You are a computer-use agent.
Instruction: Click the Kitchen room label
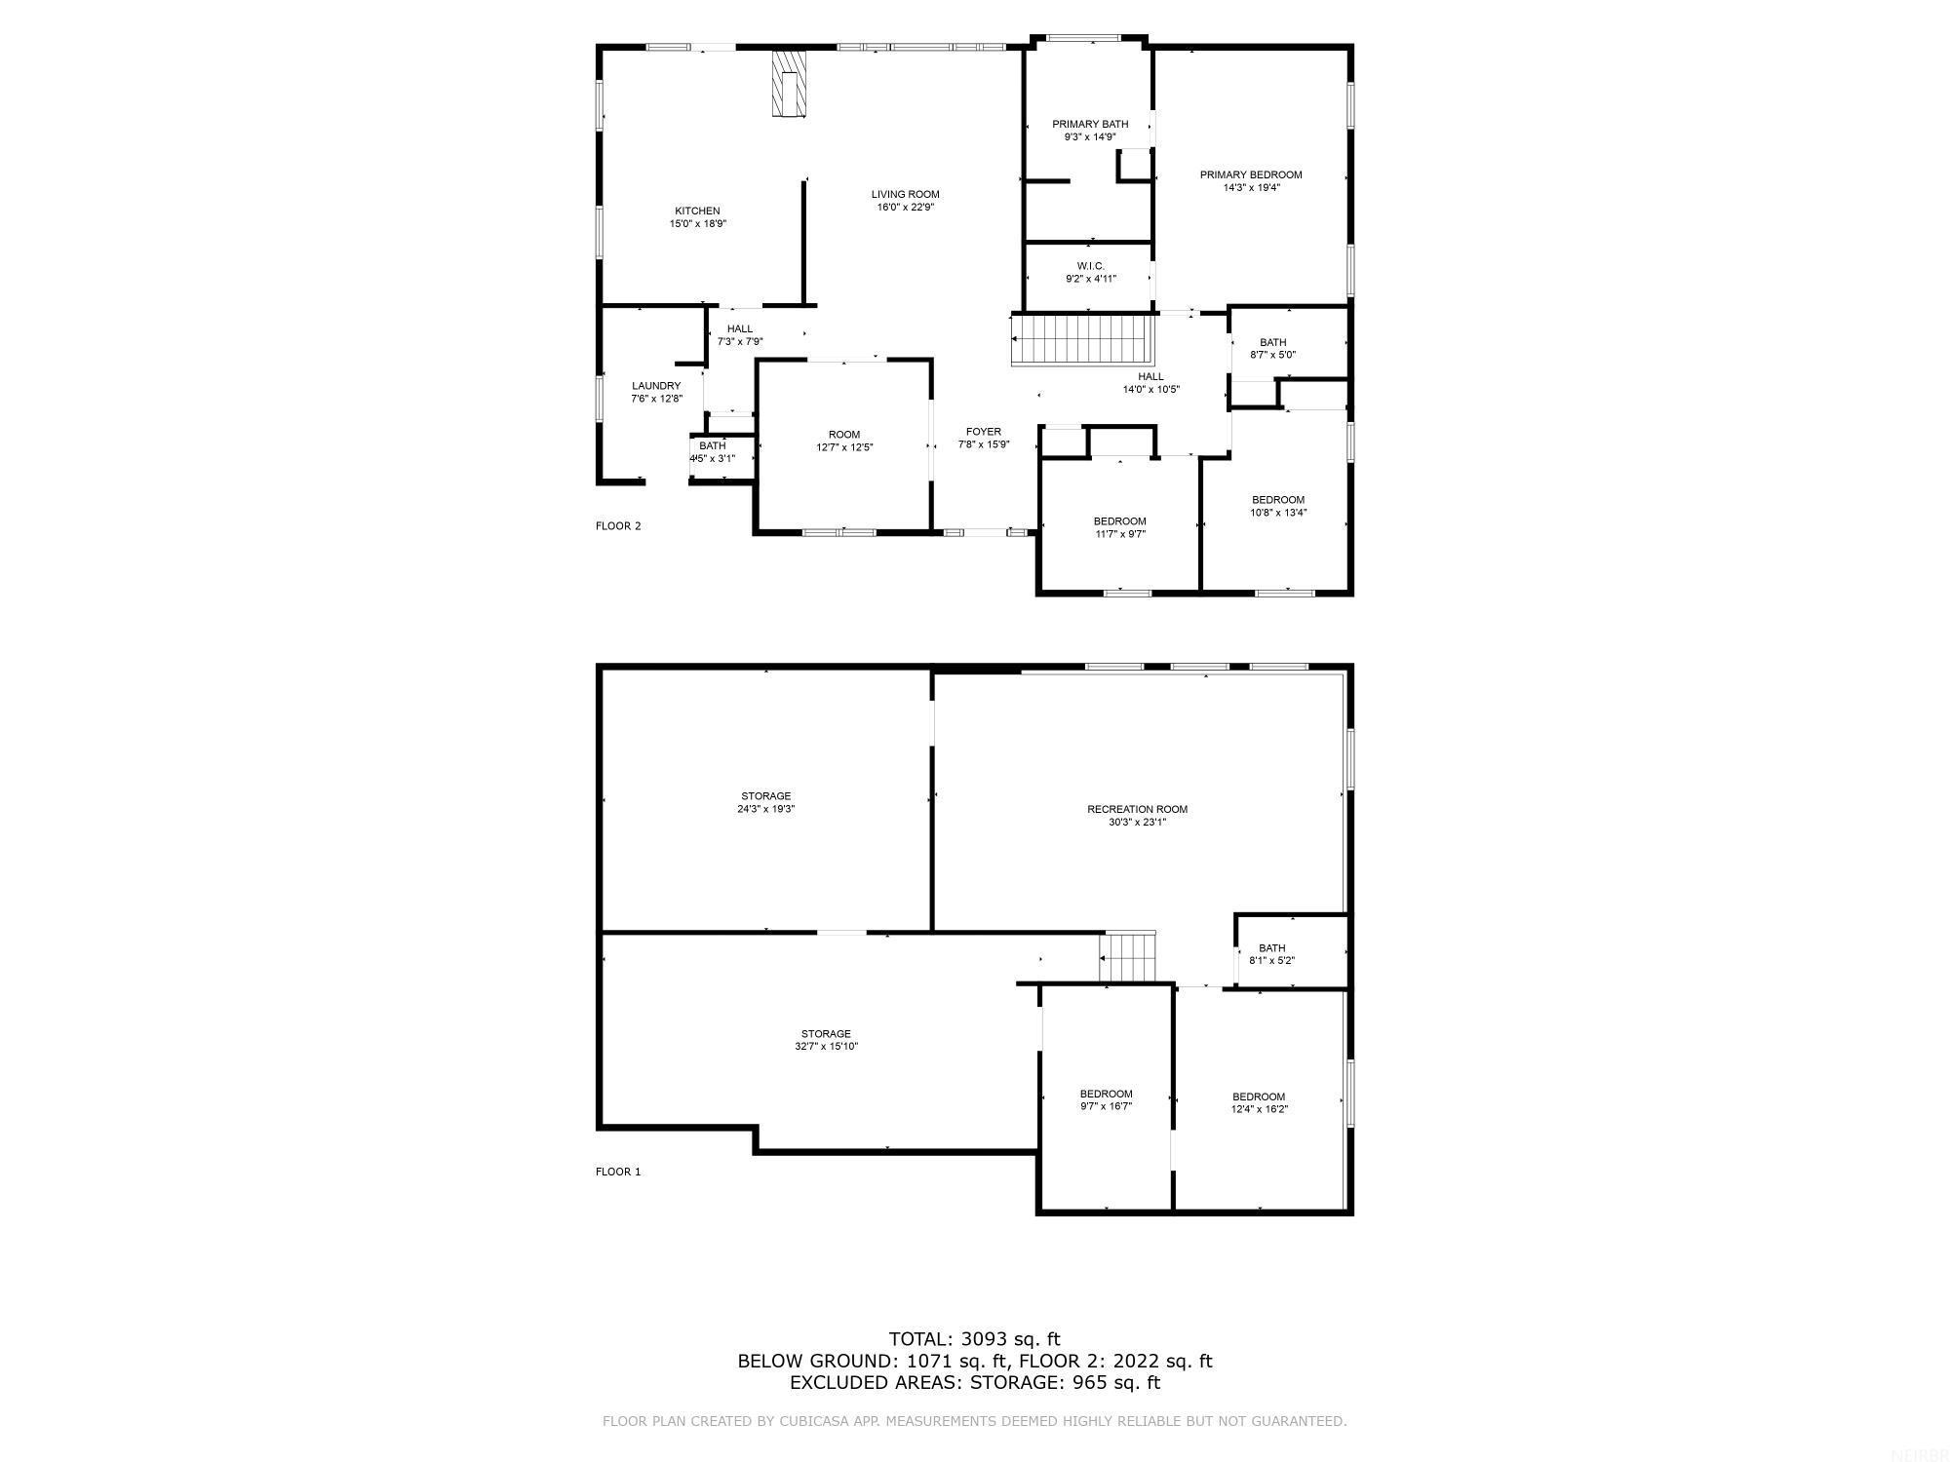pos(697,212)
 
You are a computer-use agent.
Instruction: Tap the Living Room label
pos(905,194)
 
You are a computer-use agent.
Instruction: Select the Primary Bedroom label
pos(1250,175)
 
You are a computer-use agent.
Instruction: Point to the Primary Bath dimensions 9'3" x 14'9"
pos(1090,137)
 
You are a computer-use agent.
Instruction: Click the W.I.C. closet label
pos(1090,266)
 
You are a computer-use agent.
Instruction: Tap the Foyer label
pos(983,432)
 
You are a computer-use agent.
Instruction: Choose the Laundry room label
pos(656,386)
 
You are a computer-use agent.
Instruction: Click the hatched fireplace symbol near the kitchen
pos(789,84)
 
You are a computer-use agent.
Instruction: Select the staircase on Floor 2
pos(1082,339)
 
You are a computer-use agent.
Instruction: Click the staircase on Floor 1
pos(1128,957)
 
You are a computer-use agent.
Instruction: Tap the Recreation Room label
pos(1137,809)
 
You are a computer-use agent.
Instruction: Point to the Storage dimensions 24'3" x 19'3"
pos(765,809)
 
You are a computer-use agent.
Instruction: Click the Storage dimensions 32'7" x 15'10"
pos(826,1047)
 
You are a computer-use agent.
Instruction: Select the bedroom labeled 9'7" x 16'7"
pos(1106,1099)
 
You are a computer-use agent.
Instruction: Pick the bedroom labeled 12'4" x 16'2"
pos(1259,1102)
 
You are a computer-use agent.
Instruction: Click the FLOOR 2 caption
pos(618,526)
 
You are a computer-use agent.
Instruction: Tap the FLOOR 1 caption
pos(618,1172)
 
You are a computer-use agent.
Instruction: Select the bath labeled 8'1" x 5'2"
pos(1271,954)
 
